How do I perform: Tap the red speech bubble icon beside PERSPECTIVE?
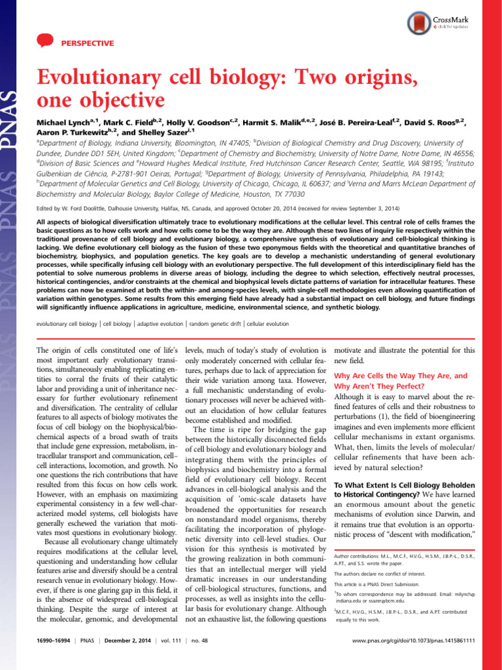click(44, 43)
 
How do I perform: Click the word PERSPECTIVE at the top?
click(87, 43)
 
